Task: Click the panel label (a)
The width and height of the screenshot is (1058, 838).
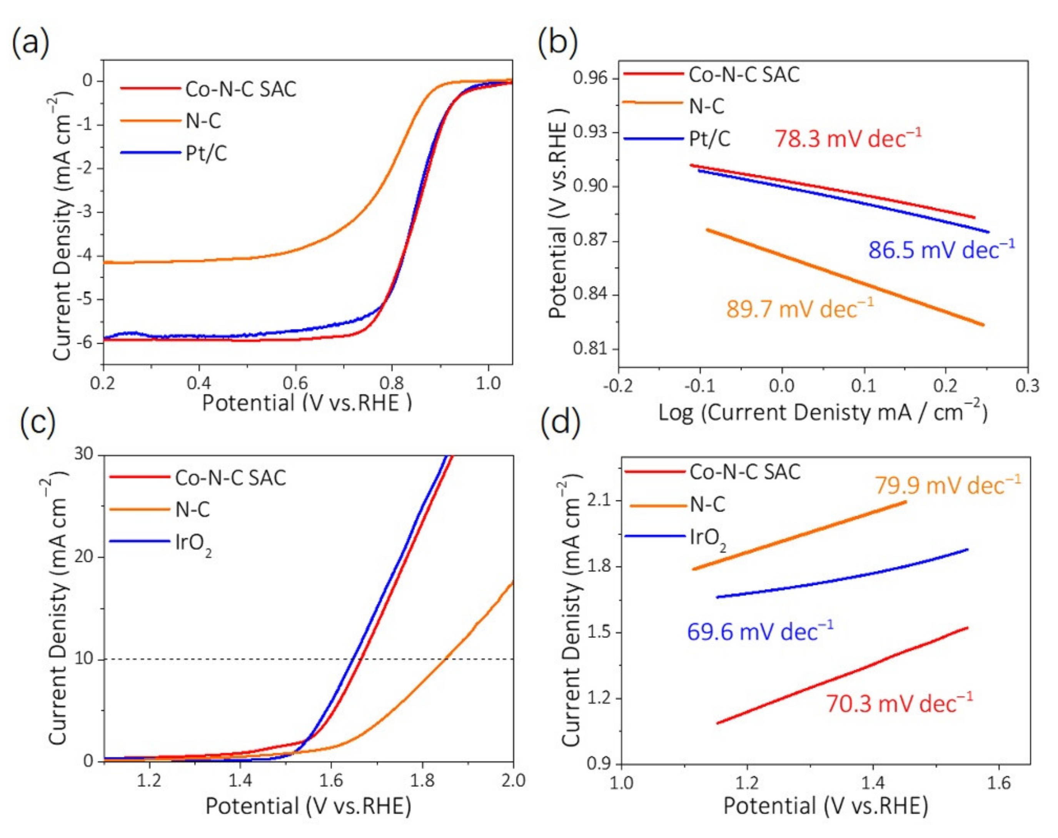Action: [30, 43]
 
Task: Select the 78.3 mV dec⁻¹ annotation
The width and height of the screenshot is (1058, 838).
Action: [848, 139]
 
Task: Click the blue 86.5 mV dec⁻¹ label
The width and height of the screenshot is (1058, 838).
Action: [941, 250]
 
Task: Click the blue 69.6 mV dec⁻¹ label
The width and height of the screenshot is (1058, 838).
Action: [759, 631]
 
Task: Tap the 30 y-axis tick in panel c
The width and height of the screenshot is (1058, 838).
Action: [84, 454]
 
